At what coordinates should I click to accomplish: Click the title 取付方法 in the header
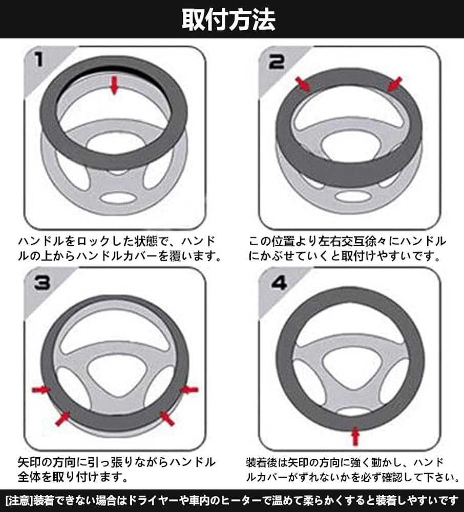(228, 19)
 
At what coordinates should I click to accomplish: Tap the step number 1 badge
(39, 60)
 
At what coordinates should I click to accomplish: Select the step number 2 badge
(276, 62)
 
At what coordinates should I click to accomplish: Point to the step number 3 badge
(42, 283)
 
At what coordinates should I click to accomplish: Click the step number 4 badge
(279, 283)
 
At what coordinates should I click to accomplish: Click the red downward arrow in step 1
(114, 85)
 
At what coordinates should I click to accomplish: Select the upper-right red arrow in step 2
(394, 84)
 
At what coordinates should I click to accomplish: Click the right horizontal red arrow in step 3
(189, 389)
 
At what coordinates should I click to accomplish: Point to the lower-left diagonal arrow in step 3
(62, 419)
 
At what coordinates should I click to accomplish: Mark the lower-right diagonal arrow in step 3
(166, 419)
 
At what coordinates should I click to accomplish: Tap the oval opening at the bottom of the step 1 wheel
(117, 198)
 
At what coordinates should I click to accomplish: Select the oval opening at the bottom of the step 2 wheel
(353, 196)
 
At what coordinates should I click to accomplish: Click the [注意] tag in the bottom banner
(19, 501)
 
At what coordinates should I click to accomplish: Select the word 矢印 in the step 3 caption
(30, 462)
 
